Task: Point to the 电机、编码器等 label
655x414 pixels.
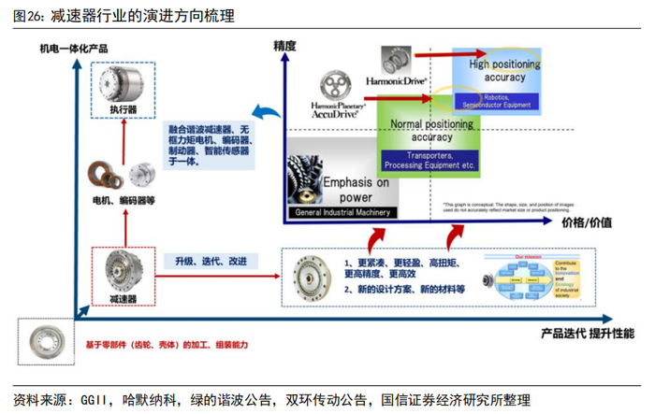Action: [x=121, y=199]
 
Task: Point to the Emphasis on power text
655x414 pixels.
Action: [x=356, y=190]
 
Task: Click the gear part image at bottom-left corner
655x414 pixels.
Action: [x=45, y=339]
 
